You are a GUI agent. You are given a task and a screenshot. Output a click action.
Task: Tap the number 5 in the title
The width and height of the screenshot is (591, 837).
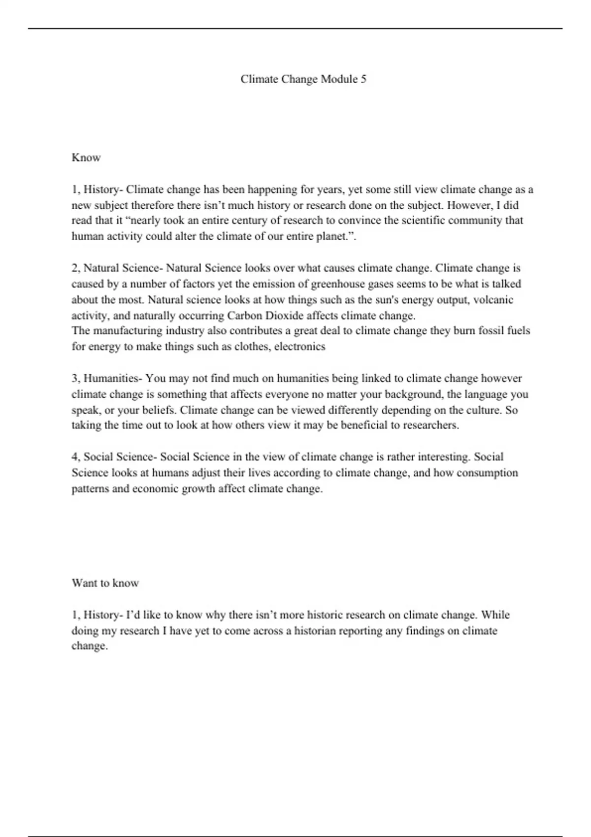click(x=363, y=79)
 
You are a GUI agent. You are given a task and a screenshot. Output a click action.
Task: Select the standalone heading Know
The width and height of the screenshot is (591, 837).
click(x=86, y=158)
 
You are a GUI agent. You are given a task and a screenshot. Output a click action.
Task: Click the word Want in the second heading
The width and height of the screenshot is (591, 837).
click(x=84, y=583)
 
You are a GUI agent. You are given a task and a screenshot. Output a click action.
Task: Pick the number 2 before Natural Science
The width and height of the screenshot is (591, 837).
click(x=75, y=268)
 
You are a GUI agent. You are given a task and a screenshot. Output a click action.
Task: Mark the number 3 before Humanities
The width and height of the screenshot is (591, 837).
click(x=75, y=379)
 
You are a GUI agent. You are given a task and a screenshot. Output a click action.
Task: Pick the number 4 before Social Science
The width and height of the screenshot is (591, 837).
click(x=75, y=457)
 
